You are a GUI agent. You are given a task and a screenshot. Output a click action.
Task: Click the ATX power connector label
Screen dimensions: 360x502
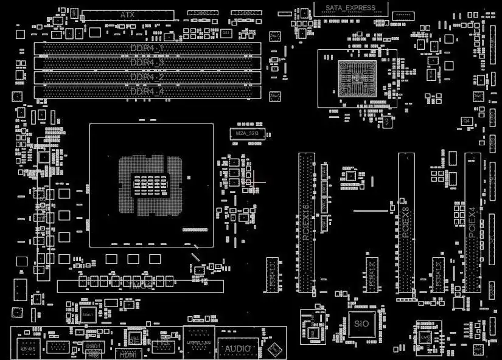point(127,14)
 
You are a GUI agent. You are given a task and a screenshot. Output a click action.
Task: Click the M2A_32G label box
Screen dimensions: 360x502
point(247,133)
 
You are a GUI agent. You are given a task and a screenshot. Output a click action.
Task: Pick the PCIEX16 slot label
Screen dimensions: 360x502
point(306,222)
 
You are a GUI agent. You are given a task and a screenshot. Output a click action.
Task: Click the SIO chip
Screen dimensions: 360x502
point(361,324)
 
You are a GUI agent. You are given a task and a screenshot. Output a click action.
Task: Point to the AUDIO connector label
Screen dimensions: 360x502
point(238,349)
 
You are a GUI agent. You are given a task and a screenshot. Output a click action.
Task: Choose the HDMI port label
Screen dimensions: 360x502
point(127,353)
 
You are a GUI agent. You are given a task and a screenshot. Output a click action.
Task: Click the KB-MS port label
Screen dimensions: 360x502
point(28,350)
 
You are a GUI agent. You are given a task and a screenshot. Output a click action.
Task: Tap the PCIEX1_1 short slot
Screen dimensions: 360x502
point(273,274)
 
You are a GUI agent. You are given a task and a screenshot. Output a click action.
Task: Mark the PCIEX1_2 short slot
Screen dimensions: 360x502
point(372,274)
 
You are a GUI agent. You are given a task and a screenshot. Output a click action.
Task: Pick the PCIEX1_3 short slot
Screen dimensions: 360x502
point(438,274)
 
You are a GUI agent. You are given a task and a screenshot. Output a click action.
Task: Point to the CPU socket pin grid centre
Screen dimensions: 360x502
point(151,185)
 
